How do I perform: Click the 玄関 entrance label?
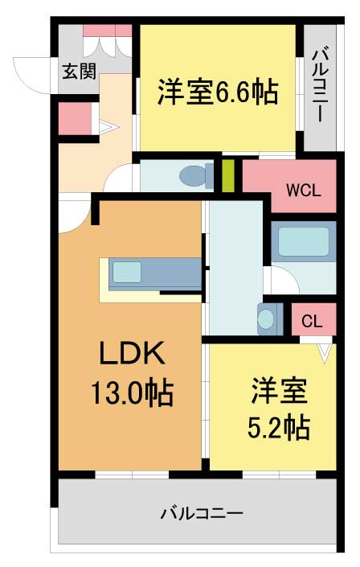[80, 72]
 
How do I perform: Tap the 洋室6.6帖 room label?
[218, 92]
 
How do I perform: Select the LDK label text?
[132, 353]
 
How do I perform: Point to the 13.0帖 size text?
[132, 393]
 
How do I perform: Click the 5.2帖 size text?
[279, 427]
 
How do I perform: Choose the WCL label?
[304, 190]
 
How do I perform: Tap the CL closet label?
[312, 321]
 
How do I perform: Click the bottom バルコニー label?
[202, 513]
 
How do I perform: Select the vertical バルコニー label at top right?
[321, 86]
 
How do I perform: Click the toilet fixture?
[197, 176]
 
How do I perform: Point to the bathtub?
[304, 241]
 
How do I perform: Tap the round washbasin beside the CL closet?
[267, 318]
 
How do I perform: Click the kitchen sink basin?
[126, 272]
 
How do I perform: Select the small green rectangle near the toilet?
[227, 176]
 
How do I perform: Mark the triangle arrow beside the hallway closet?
[108, 127]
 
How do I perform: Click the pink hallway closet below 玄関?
[76, 118]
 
